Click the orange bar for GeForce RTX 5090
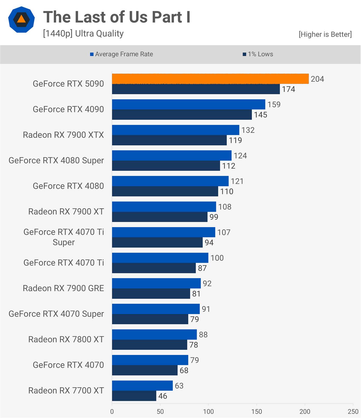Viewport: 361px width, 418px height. click(210, 79)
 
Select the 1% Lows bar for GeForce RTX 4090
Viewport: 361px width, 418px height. click(182, 115)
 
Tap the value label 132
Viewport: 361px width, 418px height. click(248, 130)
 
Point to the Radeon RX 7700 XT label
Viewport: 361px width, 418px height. click(66, 390)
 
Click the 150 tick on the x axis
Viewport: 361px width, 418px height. click(257, 412)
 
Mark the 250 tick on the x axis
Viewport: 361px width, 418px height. click(353, 412)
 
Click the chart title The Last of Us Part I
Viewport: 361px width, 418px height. click(117, 17)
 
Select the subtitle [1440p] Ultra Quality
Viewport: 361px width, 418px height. click(83, 34)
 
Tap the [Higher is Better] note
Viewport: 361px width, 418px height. click(325, 34)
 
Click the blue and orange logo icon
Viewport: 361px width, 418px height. click(21, 20)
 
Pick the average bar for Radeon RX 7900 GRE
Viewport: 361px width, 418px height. click(156, 283)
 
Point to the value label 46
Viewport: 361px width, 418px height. click(163, 396)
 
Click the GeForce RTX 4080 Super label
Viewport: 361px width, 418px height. click(56, 160)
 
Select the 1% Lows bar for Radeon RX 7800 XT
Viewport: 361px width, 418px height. click(150, 345)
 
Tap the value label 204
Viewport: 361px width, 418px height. click(317, 79)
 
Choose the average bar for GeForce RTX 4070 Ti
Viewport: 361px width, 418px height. click(160, 258)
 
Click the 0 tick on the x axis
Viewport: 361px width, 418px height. click(112, 412)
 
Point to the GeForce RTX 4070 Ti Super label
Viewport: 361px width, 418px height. click(64, 237)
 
